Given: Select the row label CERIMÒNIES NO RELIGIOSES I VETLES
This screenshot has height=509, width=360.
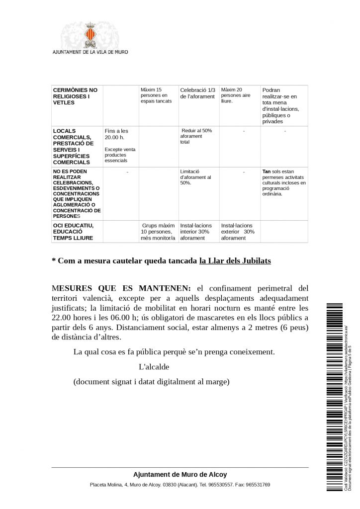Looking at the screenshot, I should [75, 96].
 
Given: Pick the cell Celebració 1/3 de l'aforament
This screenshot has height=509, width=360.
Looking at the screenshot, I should [197, 93].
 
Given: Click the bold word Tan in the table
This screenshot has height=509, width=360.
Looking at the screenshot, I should [266, 171].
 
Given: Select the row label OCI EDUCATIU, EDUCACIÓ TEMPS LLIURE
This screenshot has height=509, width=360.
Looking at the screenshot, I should [73, 232].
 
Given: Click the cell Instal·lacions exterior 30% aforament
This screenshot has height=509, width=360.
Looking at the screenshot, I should [238, 232].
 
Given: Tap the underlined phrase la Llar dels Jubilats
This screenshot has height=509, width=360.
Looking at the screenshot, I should [235, 260].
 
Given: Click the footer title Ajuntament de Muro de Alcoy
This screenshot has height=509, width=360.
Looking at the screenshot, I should [180, 475].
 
